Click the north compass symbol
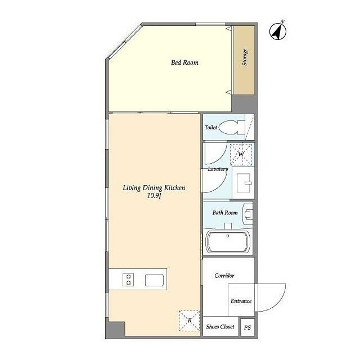[277, 31]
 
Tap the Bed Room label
[184, 62]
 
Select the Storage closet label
[245, 57]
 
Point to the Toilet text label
[210, 127]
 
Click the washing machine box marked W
[241, 154]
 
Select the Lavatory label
[218, 169]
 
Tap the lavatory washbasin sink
[244, 183]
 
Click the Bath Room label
[225, 213]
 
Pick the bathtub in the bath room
[228, 242]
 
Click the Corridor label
[224, 276]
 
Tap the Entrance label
[241, 301]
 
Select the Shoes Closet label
[220, 326]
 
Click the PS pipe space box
[247, 327]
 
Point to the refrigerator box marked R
[190, 321]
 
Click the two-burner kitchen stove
[128, 280]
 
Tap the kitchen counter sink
[154, 280]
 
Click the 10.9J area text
[154, 196]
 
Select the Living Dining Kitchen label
[154, 188]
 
